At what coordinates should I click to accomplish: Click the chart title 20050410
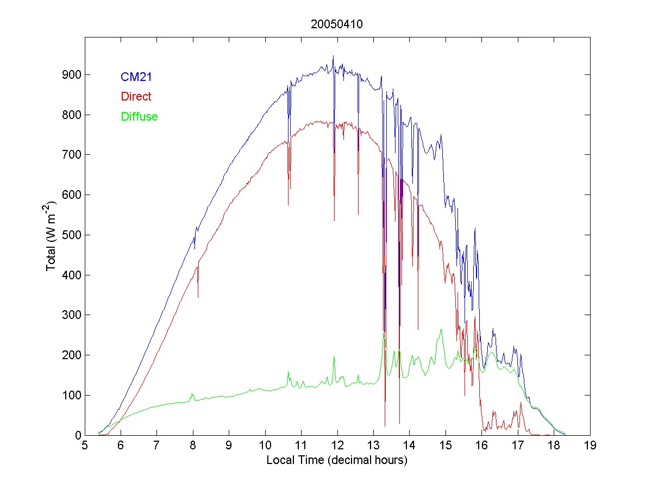[337, 24]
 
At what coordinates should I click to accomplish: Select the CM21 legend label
[136, 77]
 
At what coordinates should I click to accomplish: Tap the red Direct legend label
[136, 97]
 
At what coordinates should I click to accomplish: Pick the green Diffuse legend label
[140, 116]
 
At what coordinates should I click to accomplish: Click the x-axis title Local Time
[337, 460]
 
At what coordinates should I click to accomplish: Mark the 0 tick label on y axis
[77, 435]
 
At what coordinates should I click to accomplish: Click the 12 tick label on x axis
[337, 446]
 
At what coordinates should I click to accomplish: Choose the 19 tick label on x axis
[590, 446]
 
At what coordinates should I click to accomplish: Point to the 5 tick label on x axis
[85, 446]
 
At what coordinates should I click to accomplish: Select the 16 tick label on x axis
[481, 446]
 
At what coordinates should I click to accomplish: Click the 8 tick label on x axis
[193, 446]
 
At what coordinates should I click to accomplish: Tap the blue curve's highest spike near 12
[333, 56]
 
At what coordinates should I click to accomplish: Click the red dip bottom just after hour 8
[198, 297]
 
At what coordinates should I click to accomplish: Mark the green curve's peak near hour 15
[441, 329]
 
